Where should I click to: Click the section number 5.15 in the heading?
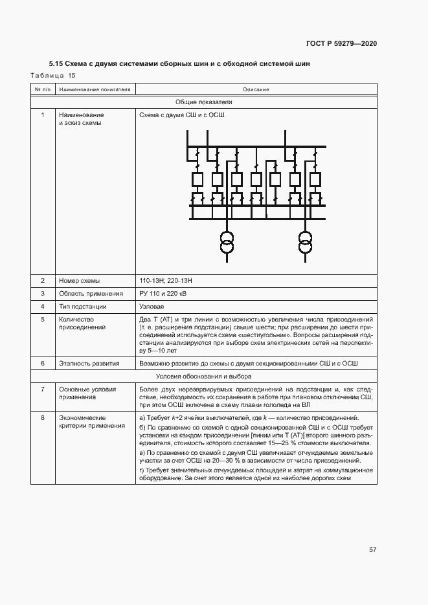[56, 64]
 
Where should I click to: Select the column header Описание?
[256, 89]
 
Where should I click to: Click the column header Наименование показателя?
[94, 89]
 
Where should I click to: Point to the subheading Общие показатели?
[203, 102]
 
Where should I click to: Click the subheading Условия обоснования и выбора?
[203, 376]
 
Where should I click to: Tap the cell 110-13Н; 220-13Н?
[166, 280]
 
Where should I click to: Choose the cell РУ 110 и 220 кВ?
[163, 293]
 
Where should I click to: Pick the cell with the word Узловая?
[152, 306]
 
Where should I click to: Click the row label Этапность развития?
[89, 364]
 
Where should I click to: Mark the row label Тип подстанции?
[82, 306]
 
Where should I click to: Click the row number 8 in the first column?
[42, 418]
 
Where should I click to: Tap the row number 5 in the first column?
[42, 319]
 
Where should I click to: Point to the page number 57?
[372, 549]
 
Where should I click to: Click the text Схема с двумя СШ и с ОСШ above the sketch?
[177, 115]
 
